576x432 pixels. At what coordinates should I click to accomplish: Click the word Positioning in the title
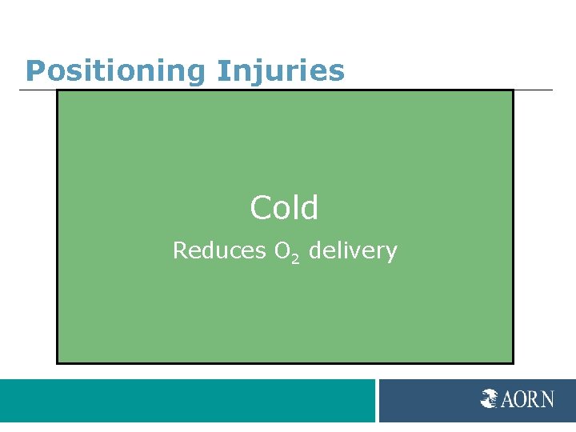pyautogui.click(x=116, y=71)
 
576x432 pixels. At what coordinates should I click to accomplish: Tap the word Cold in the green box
pyautogui.click(x=284, y=208)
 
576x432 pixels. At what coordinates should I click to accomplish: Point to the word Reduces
pyautogui.click(x=219, y=251)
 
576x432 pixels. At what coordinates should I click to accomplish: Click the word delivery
pyautogui.click(x=353, y=251)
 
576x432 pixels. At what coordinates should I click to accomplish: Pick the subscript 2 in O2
pyautogui.click(x=295, y=258)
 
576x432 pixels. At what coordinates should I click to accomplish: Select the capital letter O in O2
pyautogui.click(x=282, y=251)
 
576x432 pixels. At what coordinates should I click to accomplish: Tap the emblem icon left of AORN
pyautogui.click(x=490, y=398)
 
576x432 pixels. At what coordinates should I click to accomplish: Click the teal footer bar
pyautogui.click(x=187, y=401)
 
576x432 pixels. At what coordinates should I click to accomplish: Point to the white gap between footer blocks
pyautogui.click(x=377, y=401)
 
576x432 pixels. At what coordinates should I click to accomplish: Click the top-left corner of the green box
pyautogui.click(x=58, y=90)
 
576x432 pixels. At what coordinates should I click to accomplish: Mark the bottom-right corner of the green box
pyautogui.click(x=512, y=362)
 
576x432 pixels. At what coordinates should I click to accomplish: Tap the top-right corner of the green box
pyautogui.click(x=512, y=90)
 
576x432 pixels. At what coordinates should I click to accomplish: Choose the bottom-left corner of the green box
pyautogui.click(x=58, y=362)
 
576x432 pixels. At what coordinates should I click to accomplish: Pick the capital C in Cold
pyautogui.click(x=261, y=208)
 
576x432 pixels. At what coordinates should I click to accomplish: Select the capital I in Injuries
pyautogui.click(x=220, y=71)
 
